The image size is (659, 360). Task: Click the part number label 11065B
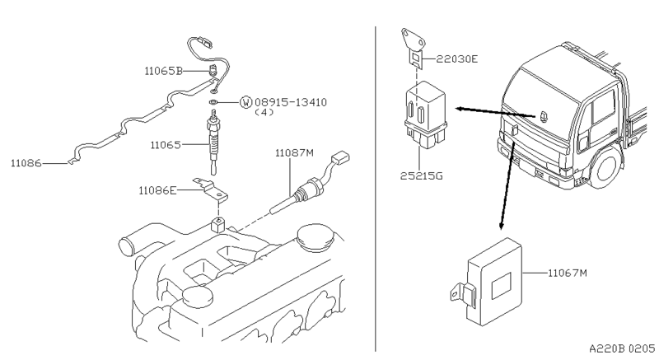click(x=163, y=71)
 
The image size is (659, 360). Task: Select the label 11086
click(x=26, y=163)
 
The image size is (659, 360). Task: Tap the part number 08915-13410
click(x=291, y=102)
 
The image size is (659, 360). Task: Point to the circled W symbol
click(x=245, y=102)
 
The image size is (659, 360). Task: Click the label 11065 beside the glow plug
click(x=166, y=145)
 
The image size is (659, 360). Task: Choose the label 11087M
click(x=294, y=153)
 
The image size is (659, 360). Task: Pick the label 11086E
click(x=157, y=191)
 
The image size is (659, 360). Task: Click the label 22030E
click(x=457, y=58)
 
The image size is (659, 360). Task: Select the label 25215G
click(x=422, y=175)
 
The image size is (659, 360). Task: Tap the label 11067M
click(x=568, y=273)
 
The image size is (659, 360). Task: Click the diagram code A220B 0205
click(x=622, y=348)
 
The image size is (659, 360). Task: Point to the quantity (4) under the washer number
click(x=264, y=112)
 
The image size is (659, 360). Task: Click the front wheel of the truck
click(x=605, y=167)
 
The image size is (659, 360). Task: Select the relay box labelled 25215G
click(x=425, y=115)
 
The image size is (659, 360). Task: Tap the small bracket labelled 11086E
click(x=211, y=189)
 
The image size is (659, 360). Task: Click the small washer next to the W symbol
click(x=213, y=102)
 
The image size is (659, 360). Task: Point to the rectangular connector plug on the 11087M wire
click(x=340, y=158)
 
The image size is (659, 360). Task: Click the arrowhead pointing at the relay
click(x=460, y=110)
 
